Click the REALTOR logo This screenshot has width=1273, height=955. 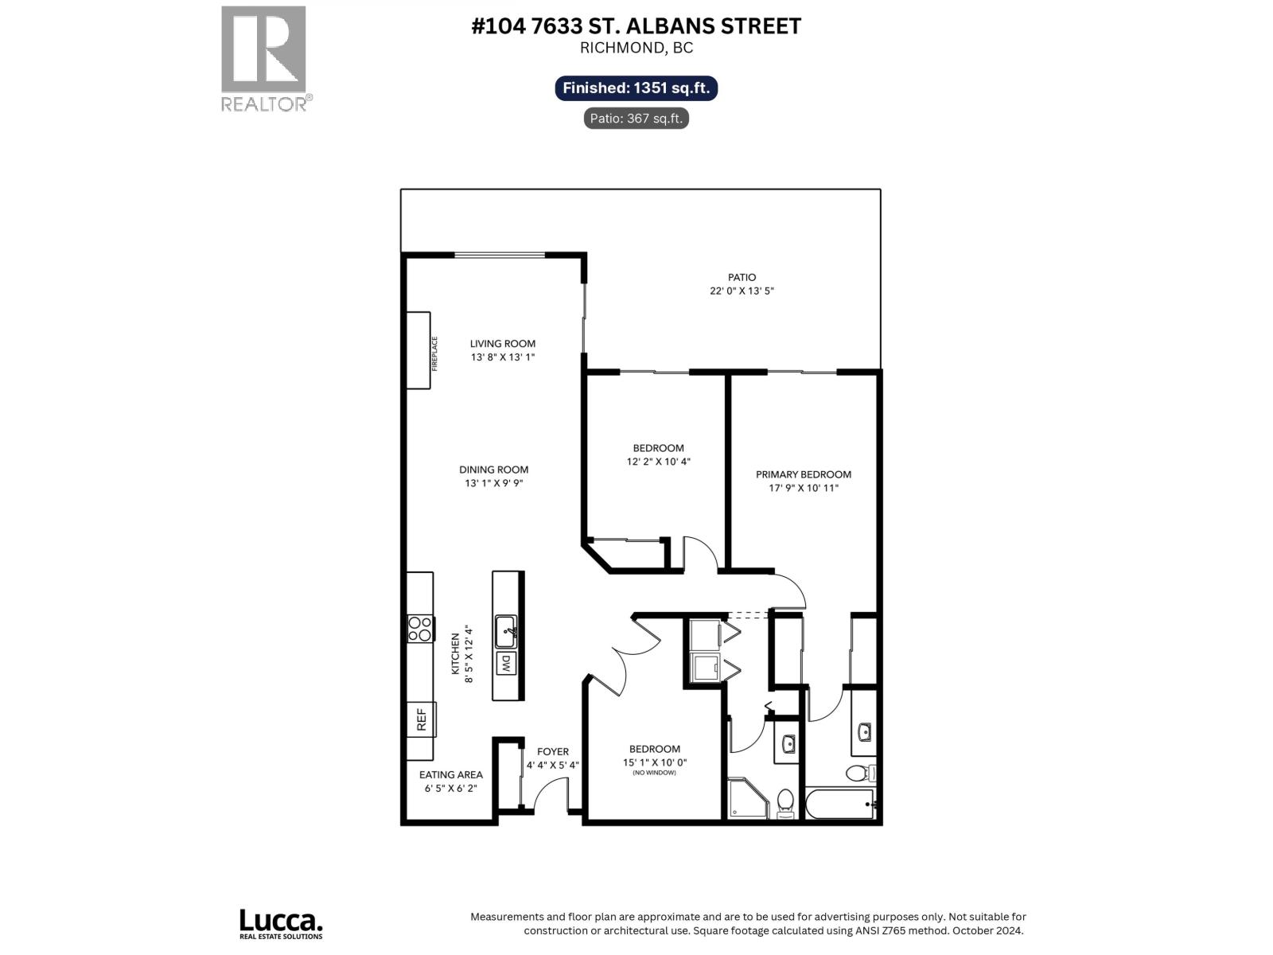pos(263,57)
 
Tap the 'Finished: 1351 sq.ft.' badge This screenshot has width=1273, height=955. pos(636,88)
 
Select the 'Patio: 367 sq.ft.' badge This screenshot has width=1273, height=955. pos(636,119)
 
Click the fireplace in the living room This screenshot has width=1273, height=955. pos(418,350)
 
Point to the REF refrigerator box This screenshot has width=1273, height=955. pos(421,720)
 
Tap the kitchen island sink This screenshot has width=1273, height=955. pos(506,632)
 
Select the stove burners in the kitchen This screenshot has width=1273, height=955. pos(419,629)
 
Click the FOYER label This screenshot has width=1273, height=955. pos(552,751)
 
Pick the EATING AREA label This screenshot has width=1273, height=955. pos(450,774)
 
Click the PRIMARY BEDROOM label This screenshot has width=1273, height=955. pos(803,474)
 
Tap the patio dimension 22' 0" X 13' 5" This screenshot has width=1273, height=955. pos(742,291)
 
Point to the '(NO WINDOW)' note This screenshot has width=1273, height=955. pos(654,773)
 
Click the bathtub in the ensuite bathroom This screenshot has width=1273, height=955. pos(839,804)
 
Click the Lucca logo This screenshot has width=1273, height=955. pos(281,923)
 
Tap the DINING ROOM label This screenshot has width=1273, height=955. pos(493,470)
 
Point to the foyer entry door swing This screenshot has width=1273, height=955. pos(549,796)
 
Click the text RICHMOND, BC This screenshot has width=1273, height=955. pos(636,48)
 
